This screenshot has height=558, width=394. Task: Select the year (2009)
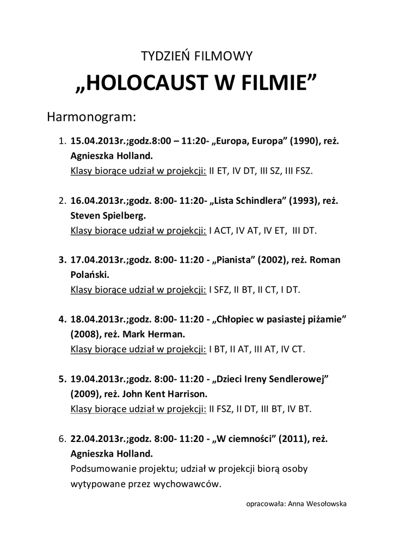(x=85, y=393)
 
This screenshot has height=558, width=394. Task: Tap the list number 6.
(x=61, y=438)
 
